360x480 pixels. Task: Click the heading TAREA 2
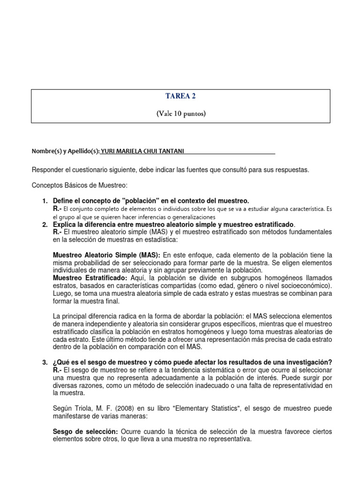coord(180,96)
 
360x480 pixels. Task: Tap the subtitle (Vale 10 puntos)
coord(180,113)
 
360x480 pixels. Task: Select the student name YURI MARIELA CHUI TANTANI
coord(147,151)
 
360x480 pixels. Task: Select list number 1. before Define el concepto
coord(45,201)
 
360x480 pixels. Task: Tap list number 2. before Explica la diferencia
coord(45,225)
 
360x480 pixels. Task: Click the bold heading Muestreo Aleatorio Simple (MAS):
coord(107,255)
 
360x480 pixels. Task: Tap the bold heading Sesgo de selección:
coord(86,431)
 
